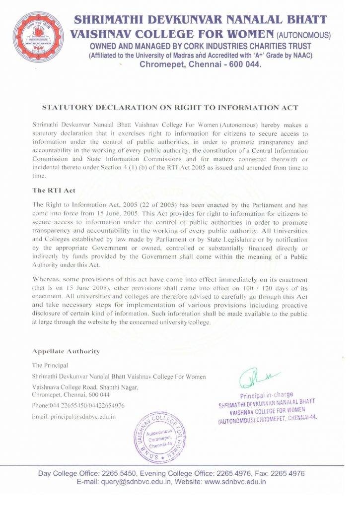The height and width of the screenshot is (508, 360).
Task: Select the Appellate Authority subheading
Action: pos(66,351)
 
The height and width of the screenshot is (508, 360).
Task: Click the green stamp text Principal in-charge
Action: pos(266,396)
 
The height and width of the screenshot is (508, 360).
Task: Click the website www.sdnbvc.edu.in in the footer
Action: pos(235,482)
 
